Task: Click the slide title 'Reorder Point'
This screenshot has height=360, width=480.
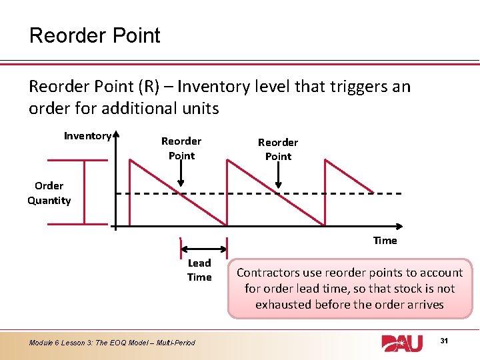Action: coord(95,35)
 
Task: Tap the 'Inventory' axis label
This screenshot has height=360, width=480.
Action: coord(87,136)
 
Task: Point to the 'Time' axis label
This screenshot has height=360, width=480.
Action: coord(385,240)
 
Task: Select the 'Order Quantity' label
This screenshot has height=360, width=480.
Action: coord(49,193)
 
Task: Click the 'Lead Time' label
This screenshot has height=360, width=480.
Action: coord(199,270)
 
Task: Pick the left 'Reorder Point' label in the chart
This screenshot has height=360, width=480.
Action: coord(181,148)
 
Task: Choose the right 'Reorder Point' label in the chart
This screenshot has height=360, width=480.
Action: coord(278,149)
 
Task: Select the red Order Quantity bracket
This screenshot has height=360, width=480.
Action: coord(83,191)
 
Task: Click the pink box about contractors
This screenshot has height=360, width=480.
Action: coord(349,289)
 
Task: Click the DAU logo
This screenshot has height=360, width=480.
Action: coord(402,342)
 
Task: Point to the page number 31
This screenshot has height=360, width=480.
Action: coord(444,341)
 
